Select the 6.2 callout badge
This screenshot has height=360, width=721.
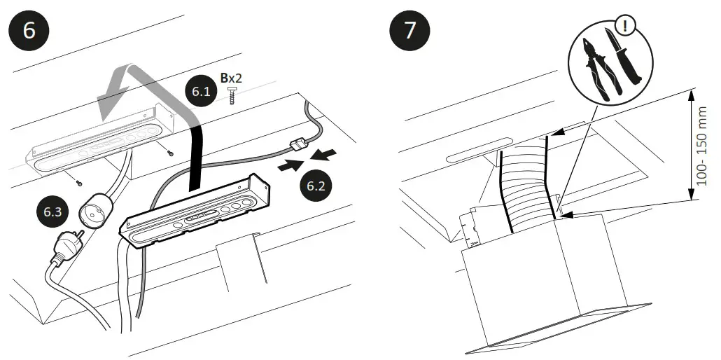tap(315, 187)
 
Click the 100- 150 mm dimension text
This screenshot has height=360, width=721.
tap(702, 146)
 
